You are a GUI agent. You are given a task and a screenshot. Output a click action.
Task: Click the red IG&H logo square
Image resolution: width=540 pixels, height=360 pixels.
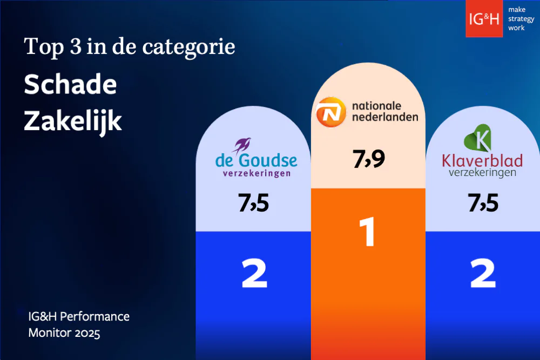click(484, 18)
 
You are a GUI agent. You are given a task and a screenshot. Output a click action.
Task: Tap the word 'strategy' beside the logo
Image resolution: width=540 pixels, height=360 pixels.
click(520, 18)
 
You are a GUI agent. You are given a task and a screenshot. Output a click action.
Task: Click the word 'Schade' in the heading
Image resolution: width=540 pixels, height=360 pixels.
click(70, 85)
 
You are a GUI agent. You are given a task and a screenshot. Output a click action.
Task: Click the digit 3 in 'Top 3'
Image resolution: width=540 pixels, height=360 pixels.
click(75, 47)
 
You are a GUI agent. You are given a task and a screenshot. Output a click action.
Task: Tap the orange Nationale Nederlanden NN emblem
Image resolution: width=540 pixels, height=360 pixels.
click(330, 112)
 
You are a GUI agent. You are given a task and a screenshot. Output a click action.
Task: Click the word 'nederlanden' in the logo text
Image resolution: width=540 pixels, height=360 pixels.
click(384, 117)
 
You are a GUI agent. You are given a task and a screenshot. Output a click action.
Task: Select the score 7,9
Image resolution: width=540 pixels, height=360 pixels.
click(369, 160)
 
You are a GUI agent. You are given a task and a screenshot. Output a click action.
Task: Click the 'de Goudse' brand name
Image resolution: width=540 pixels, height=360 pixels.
click(256, 160)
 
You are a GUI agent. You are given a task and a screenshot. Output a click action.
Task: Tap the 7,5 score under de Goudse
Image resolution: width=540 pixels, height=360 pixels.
click(253, 204)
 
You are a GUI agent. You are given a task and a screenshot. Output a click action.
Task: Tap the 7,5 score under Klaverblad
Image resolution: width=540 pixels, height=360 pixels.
click(483, 204)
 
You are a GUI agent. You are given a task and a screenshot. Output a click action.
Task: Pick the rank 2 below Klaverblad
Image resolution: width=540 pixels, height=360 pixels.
click(482, 274)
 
